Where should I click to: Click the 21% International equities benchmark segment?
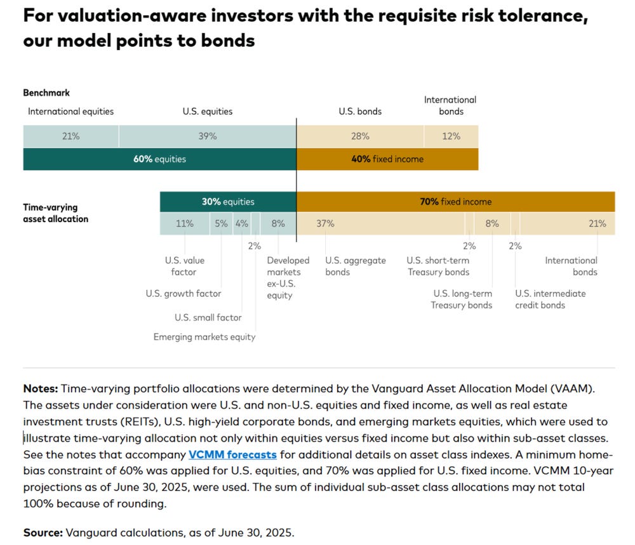70,136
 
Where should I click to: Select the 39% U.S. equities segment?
207,136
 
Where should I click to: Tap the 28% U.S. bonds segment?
360,136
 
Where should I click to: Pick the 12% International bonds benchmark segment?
451,136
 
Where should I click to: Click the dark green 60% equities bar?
159,159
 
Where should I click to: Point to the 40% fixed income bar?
387,159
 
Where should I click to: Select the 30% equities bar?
228,202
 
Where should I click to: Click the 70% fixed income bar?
455,202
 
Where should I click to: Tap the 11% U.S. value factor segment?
184,223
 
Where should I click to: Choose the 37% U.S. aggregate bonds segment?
380,223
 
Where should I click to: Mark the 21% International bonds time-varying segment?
567,223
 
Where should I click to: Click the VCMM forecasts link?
232,455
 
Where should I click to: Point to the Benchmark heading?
46,93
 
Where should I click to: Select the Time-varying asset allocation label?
56,213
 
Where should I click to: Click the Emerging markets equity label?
204,337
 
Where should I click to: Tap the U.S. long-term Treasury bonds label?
462,299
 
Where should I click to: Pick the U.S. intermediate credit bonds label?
550,299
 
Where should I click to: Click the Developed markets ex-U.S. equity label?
288,277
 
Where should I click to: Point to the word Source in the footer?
40,532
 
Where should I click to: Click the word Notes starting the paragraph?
39,388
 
